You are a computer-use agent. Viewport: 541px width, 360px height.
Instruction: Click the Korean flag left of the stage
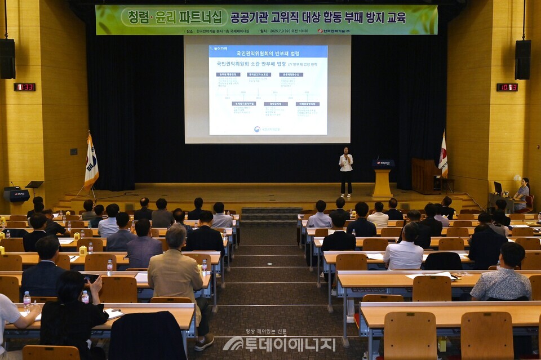pyautogui.click(x=91, y=163)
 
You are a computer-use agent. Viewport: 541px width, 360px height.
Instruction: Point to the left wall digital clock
pyautogui.click(x=24, y=87)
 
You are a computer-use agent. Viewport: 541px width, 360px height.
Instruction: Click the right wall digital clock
pyautogui.click(x=507, y=87)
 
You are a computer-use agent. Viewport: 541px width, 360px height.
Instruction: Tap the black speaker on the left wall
pyautogui.click(x=7, y=59)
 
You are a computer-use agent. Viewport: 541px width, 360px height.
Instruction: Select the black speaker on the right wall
pyautogui.click(x=522, y=59)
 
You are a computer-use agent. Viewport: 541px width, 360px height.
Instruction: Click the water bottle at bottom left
pyautogui.click(x=26, y=300)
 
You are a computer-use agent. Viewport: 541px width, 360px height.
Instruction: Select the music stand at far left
pyautogui.click(x=34, y=185)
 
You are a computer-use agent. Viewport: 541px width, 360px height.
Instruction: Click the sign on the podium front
pyautogui.click(x=383, y=163)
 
